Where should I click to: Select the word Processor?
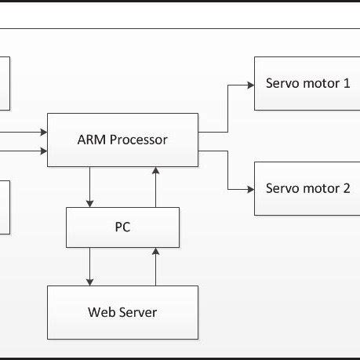[138, 140]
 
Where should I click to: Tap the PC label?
[122, 227]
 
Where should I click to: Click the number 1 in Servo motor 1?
[346, 82]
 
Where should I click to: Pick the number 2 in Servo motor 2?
[346, 188]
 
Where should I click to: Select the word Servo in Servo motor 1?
[282, 82]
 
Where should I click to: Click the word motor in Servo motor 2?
[320, 188]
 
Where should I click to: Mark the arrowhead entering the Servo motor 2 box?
[249, 189]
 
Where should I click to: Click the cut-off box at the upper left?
[4, 82]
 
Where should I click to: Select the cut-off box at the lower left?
[4, 207]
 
